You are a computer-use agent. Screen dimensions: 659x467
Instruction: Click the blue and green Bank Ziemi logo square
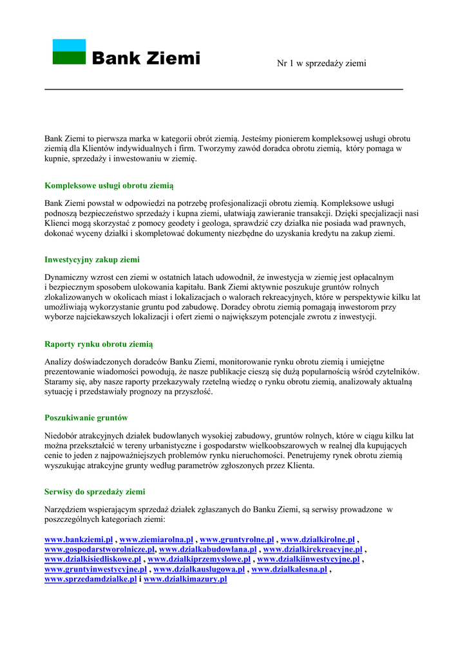[69, 52]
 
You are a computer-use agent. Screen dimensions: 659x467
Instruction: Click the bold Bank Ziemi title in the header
[146, 59]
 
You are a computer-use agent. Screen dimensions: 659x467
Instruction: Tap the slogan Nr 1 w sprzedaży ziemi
[321, 63]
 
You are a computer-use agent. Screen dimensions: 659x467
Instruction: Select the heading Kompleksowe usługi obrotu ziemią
[109, 186]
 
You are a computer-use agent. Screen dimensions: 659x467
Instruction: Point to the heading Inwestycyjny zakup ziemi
[92, 260]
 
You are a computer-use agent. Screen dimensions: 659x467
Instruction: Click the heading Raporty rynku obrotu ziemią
[99, 344]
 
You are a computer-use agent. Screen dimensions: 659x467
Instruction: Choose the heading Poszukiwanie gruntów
[86, 418]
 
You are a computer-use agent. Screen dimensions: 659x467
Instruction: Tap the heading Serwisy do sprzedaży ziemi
[95, 492]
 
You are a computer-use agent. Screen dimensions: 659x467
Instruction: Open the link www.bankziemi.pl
[79, 539]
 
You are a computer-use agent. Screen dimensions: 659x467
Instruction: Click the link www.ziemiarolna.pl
[157, 539]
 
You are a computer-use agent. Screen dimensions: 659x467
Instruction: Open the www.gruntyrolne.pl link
[237, 539]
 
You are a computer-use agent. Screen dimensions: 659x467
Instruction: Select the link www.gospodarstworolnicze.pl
[100, 550]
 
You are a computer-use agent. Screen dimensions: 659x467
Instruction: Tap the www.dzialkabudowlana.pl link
[208, 550]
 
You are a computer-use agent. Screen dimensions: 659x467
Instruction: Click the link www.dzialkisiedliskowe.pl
[93, 559]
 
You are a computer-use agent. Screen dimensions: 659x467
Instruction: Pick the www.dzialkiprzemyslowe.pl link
[199, 559]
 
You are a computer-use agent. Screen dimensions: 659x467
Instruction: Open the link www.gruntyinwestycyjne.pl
[95, 570]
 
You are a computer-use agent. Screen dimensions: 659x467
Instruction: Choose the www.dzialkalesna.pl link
[289, 570]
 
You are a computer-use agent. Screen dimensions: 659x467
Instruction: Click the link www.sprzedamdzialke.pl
[91, 579]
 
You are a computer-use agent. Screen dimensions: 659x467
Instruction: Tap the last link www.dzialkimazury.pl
[186, 579]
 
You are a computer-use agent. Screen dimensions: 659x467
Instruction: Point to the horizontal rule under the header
[224, 89]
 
